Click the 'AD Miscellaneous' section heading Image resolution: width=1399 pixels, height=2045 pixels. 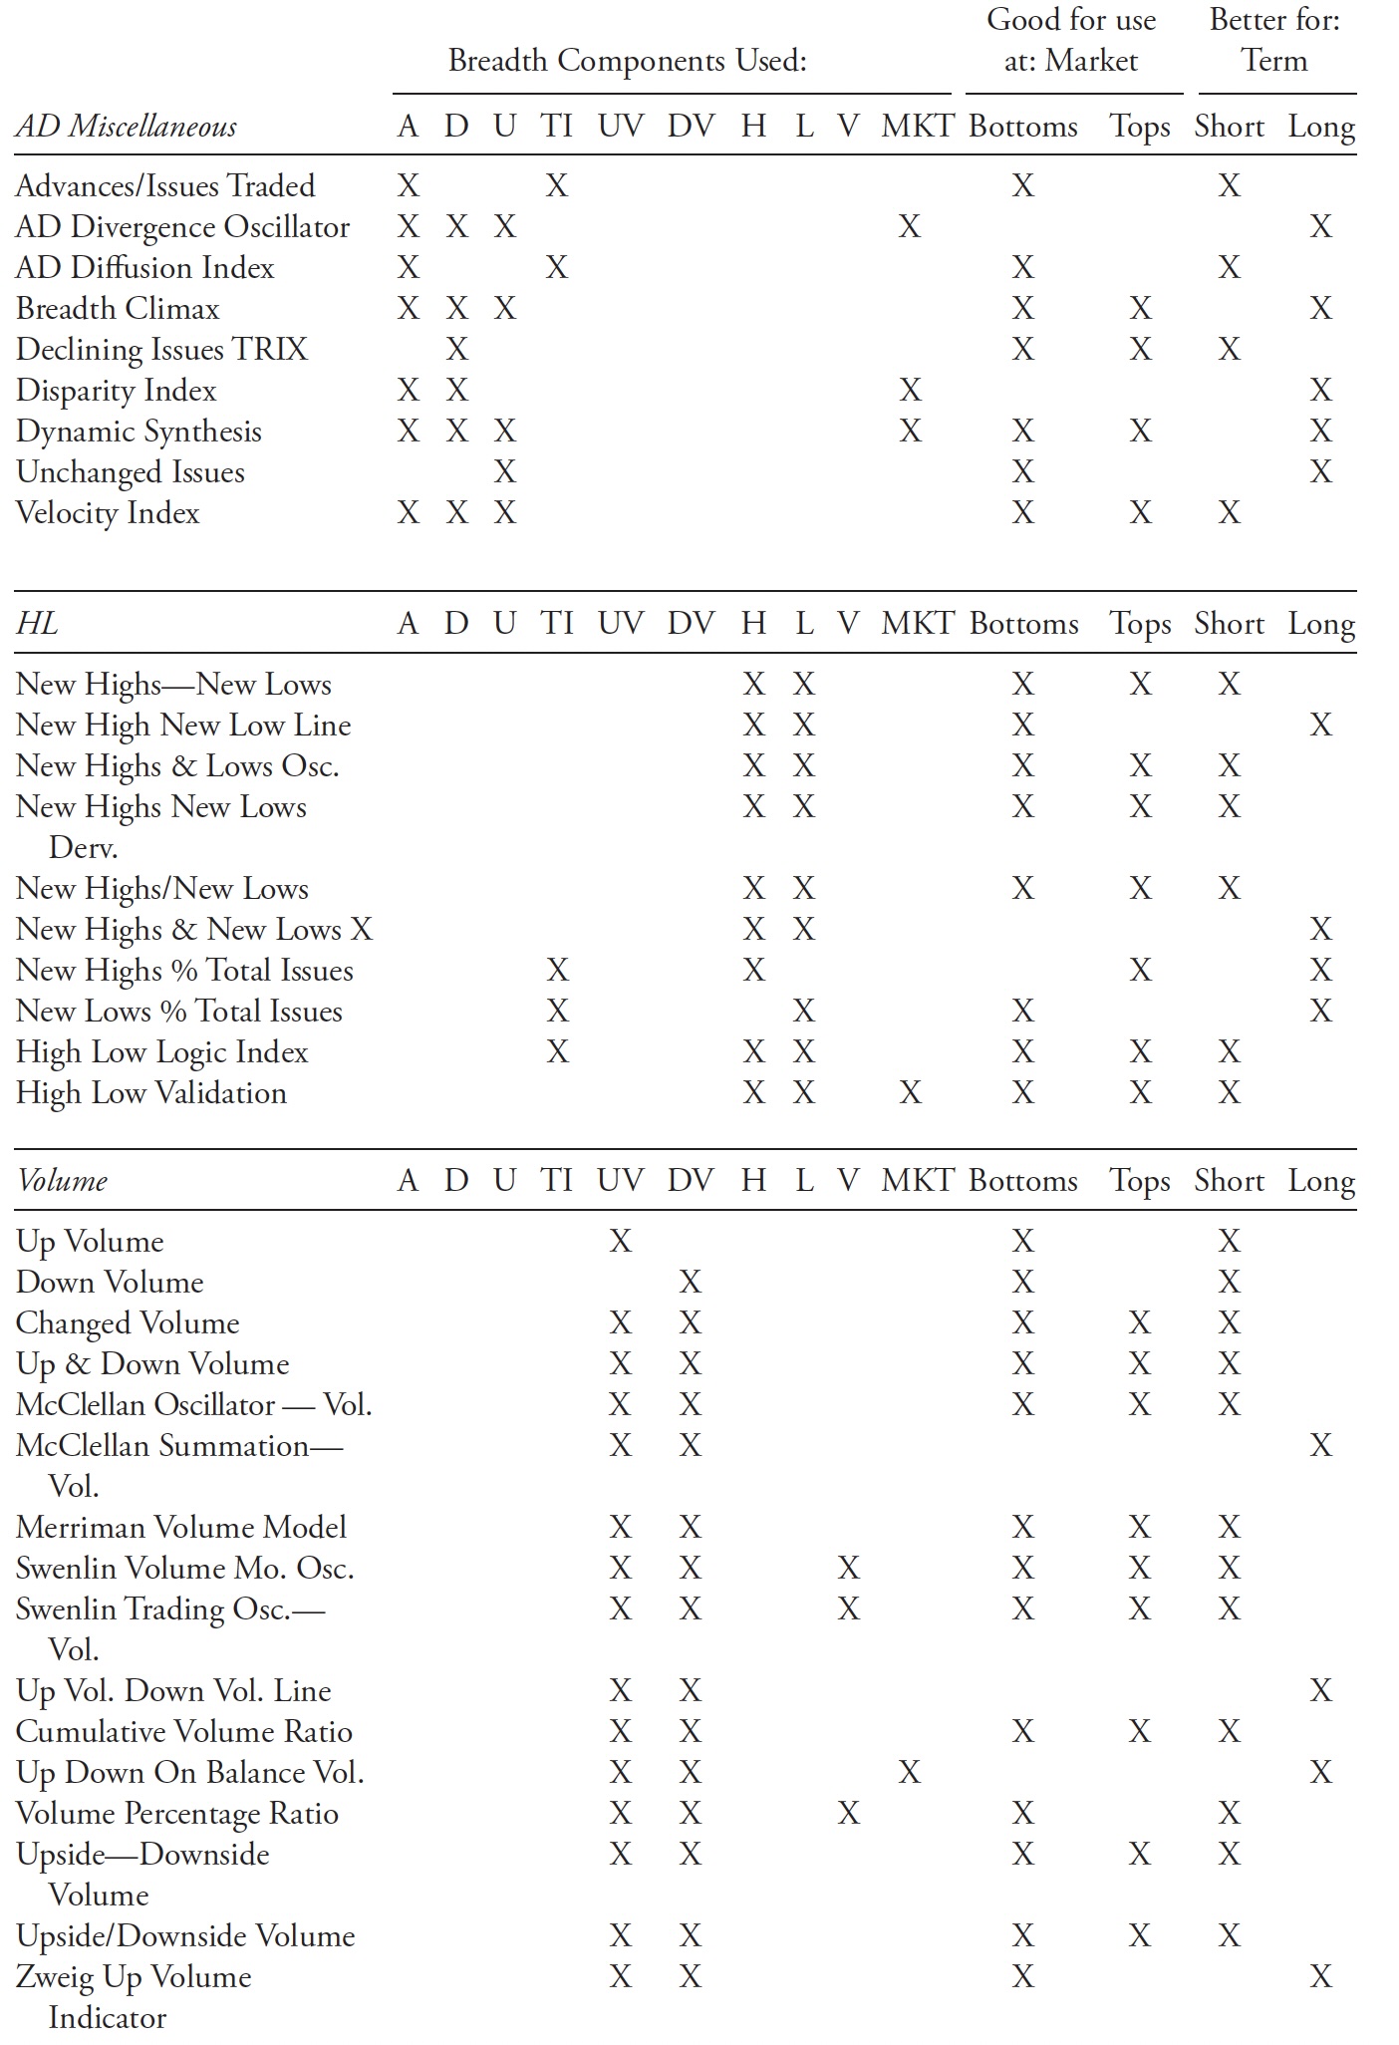(x=127, y=127)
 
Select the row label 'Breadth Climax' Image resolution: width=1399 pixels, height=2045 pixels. (x=118, y=308)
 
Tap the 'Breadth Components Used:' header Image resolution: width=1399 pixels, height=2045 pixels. (x=627, y=61)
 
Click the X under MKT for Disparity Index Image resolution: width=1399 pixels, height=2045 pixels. (x=909, y=390)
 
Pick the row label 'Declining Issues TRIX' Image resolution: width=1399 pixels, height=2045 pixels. (x=161, y=349)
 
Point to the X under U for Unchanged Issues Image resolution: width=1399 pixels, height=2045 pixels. (x=505, y=471)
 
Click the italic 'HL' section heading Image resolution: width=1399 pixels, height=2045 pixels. (x=37, y=624)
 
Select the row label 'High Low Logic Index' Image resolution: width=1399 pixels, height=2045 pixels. (x=161, y=1052)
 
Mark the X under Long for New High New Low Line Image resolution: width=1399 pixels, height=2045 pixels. (x=1320, y=725)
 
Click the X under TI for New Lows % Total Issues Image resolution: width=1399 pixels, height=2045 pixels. (x=557, y=1012)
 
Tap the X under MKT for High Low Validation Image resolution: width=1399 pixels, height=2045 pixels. (x=909, y=1093)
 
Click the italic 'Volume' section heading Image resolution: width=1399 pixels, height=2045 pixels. (x=62, y=1181)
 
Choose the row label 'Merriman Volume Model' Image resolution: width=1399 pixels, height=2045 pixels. (x=181, y=1527)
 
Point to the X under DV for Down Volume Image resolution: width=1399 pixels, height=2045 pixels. (x=690, y=1282)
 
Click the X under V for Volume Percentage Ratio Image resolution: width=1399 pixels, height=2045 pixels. (x=848, y=1813)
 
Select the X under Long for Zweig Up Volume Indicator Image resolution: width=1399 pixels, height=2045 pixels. (x=1320, y=1976)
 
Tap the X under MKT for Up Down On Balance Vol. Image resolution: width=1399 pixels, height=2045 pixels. (x=909, y=1772)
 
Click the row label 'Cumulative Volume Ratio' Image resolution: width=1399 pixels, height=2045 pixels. (x=184, y=1731)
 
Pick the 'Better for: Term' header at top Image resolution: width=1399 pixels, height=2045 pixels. (x=1274, y=41)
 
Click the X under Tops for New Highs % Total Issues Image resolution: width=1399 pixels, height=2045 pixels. (x=1140, y=971)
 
